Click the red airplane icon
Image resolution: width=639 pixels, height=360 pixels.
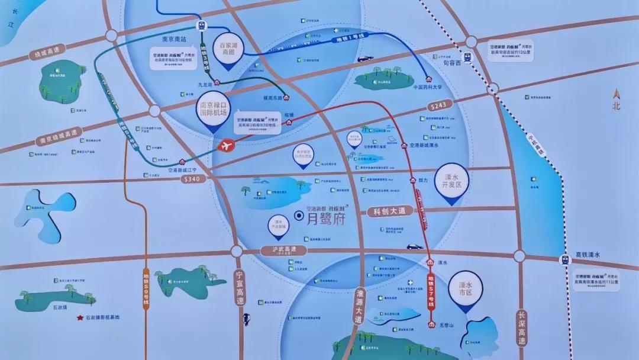[x=227, y=145]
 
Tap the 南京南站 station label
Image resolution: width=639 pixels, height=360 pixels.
[x=174, y=40]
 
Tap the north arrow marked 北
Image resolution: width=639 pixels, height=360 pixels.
[x=617, y=101]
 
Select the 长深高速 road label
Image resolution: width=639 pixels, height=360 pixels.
[x=521, y=329]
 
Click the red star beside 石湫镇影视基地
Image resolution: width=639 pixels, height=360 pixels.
[x=79, y=317]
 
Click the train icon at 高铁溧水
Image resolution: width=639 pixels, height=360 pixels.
[x=566, y=259]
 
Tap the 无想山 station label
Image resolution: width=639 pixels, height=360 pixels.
[x=446, y=326]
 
